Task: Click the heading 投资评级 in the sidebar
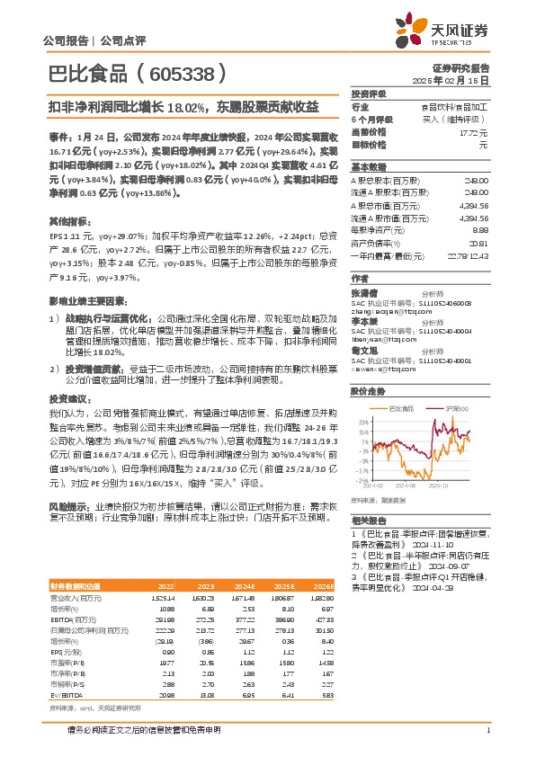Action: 368,94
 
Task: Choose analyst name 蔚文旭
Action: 363,329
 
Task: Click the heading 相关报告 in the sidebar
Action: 368,521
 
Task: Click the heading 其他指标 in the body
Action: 68,219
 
